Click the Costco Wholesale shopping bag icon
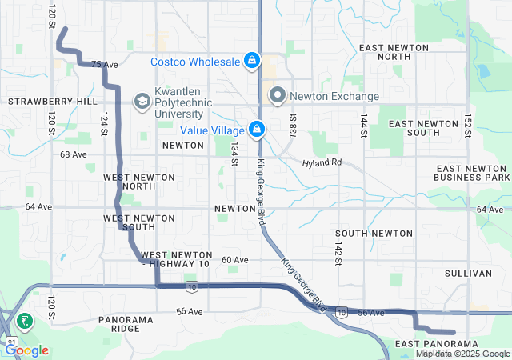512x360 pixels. click(252, 61)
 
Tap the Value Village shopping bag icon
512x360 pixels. click(257, 129)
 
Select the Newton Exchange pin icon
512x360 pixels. click(278, 96)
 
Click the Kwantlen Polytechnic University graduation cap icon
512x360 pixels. click(142, 100)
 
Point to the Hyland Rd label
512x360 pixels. click(322, 162)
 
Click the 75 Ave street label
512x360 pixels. click(100, 65)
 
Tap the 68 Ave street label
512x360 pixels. click(73, 154)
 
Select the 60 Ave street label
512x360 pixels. click(235, 260)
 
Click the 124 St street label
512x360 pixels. click(103, 123)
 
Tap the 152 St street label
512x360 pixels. click(466, 126)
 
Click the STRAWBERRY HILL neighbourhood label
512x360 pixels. click(41, 102)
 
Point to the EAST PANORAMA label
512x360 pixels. click(437, 343)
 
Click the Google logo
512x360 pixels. click(27, 350)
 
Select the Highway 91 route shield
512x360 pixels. click(10, 341)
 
